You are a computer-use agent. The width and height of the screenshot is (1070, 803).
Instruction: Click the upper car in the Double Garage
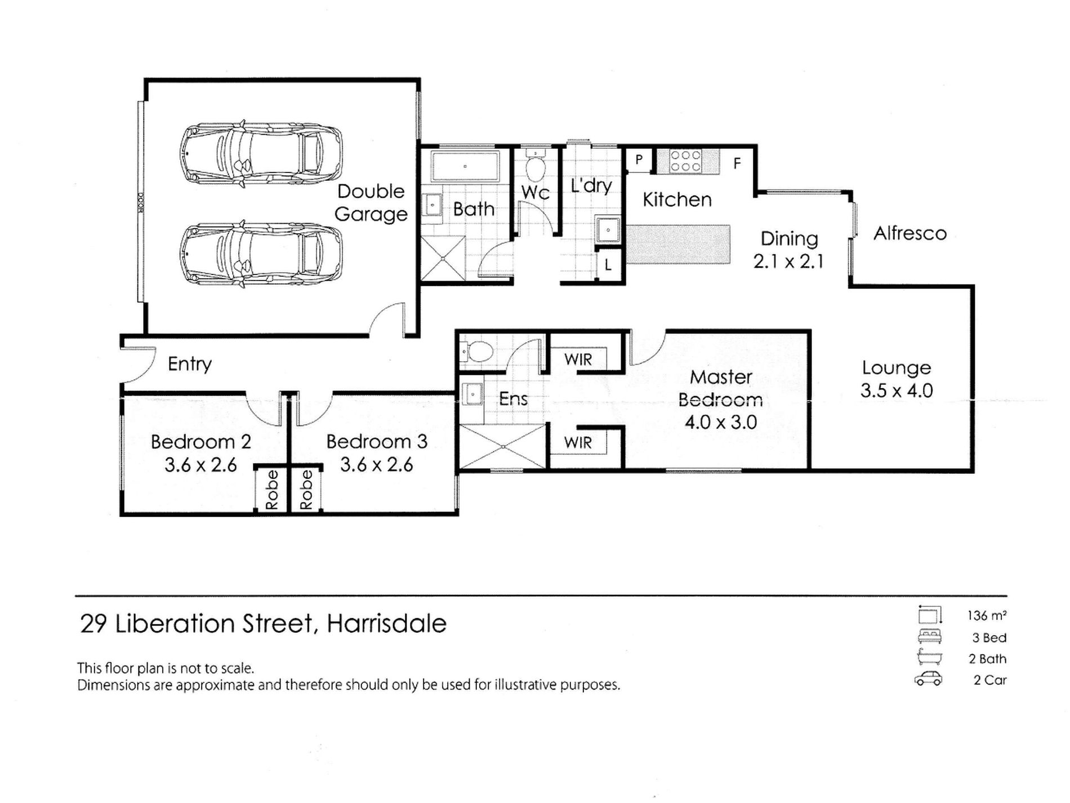261,153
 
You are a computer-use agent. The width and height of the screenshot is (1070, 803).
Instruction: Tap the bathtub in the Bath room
465,166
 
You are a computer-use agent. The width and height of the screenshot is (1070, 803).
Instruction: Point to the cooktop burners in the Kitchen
685,161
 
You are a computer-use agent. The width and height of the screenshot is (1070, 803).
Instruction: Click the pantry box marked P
639,159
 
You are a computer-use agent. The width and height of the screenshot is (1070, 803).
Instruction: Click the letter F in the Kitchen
737,164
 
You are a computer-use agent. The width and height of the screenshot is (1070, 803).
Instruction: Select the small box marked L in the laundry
608,265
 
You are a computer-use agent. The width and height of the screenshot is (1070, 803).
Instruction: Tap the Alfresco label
909,233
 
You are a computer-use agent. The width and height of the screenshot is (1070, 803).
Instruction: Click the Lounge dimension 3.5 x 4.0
896,391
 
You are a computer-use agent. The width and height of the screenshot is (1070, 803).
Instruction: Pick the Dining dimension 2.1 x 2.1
788,261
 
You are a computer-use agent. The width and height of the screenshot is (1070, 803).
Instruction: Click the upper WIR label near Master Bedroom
578,359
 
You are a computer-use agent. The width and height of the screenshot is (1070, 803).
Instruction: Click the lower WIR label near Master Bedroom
578,442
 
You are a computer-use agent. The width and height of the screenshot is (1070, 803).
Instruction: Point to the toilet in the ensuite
478,352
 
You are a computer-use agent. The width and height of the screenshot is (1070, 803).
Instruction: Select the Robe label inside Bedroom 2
272,490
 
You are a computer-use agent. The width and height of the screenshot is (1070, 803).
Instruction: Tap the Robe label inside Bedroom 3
306,490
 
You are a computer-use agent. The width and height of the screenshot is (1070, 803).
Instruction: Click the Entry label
189,364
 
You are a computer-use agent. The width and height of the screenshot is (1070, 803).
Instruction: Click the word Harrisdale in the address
386,624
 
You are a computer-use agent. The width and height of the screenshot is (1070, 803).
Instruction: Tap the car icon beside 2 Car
928,679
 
